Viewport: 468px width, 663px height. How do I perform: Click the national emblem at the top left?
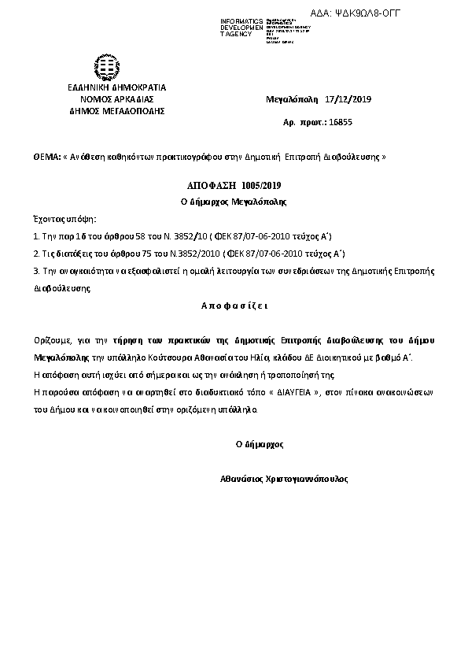pyautogui.click(x=107, y=65)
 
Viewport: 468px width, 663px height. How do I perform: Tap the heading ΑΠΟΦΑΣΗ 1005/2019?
pyautogui.click(x=234, y=185)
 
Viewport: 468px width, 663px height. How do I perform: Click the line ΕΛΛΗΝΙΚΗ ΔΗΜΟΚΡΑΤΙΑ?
pyautogui.click(x=116, y=87)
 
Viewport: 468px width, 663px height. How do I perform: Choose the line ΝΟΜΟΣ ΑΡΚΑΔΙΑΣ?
pyautogui.click(x=116, y=99)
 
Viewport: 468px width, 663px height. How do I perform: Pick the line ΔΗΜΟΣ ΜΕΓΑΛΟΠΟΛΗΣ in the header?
pyautogui.click(x=116, y=111)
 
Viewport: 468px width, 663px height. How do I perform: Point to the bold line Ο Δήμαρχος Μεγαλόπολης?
pyautogui.click(x=234, y=202)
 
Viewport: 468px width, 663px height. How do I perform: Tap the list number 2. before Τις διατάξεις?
pyautogui.click(x=36, y=253)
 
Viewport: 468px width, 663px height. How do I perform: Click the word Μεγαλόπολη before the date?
pyautogui.click(x=292, y=100)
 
